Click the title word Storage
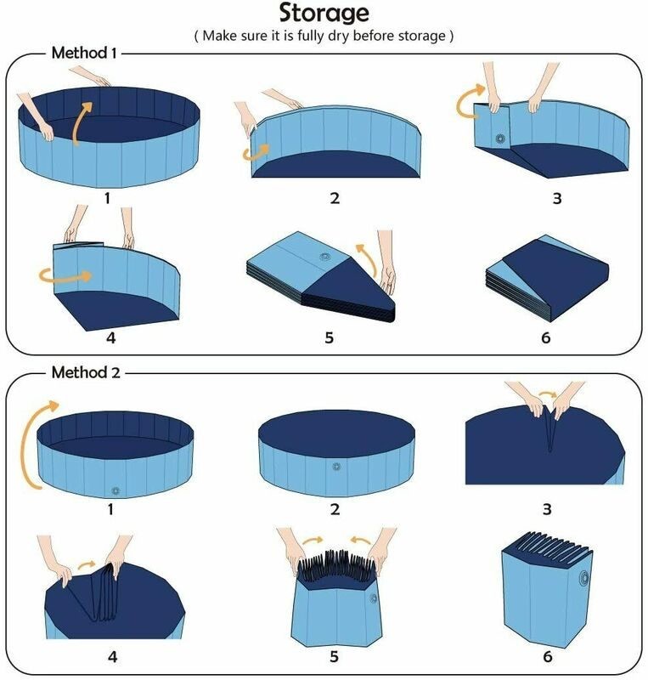click(324, 14)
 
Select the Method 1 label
click(84, 52)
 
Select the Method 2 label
click(84, 372)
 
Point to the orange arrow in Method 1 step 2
click(255, 152)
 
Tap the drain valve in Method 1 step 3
click(500, 139)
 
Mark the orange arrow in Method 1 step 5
click(363, 255)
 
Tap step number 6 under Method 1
click(545, 337)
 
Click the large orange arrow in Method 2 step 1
click(36, 442)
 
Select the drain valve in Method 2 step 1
click(116, 490)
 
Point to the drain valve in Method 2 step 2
click(335, 467)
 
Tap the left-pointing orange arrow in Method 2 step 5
click(359, 541)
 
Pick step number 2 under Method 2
click(335, 510)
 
